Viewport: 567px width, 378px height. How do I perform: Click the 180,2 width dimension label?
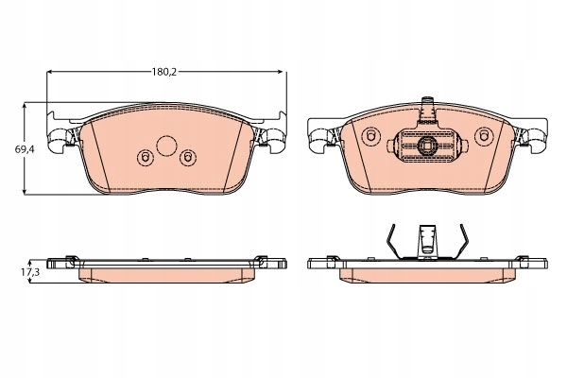163,72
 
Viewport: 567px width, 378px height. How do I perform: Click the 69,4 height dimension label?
25,148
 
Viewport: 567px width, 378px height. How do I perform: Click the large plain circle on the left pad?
166,146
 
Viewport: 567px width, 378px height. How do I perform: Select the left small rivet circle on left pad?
145,158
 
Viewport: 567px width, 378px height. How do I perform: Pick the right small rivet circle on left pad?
188,158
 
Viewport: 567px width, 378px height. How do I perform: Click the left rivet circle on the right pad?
370,136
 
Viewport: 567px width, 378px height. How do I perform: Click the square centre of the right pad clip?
427,146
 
